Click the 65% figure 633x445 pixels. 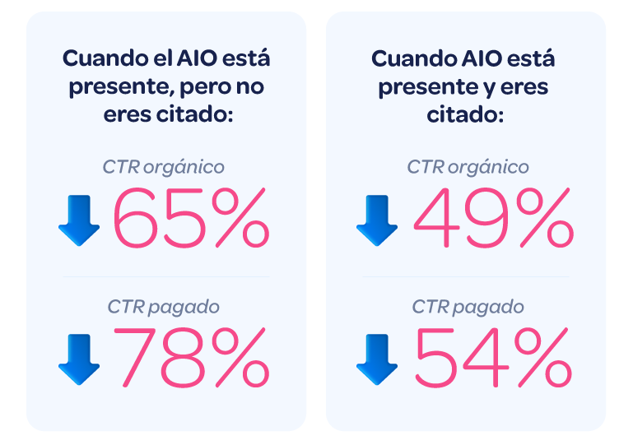[190, 218]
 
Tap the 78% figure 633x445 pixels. [190, 358]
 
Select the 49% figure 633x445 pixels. [492, 218]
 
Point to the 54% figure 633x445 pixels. [492, 358]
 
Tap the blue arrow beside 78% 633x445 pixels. [79, 360]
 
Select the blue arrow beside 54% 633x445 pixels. [376, 360]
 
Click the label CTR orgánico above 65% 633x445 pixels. [164, 166]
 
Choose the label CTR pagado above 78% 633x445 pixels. [164, 307]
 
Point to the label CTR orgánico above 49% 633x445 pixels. [468, 166]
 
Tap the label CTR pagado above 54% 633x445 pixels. [468, 307]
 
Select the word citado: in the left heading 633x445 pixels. [194, 114]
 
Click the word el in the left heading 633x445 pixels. [161, 59]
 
